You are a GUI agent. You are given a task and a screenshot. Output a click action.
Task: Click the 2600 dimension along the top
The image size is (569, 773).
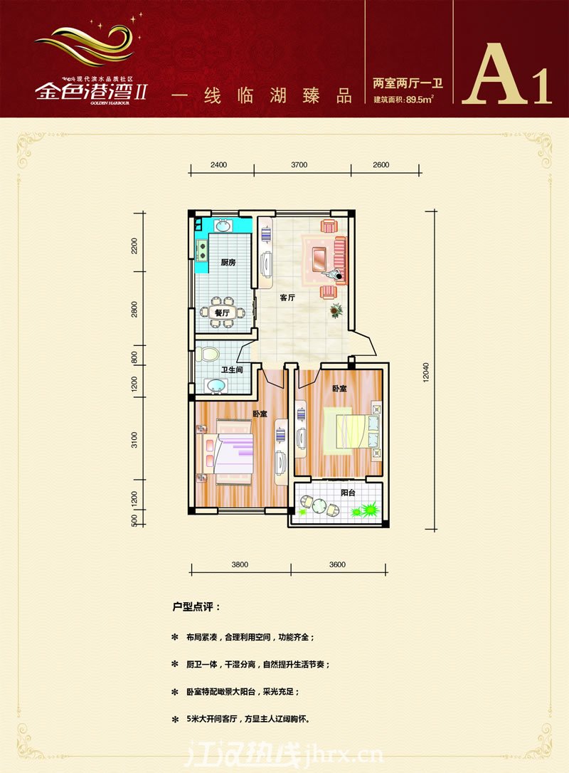pyautogui.click(x=380, y=164)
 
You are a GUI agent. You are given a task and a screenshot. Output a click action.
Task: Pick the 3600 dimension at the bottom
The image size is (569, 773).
pyautogui.click(x=337, y=564)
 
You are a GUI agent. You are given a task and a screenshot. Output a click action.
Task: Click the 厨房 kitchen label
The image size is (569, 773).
pyautogui.click(x=228, y=263)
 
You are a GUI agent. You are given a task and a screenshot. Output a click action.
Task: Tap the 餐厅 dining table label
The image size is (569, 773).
pyautogui.click(x=222, y=312)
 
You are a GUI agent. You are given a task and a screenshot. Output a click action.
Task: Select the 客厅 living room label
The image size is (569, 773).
pyautogui.click(x=287, y=298)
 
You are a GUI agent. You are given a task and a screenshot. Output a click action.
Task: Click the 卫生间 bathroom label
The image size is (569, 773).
pyautogui.click(x=232, y=369)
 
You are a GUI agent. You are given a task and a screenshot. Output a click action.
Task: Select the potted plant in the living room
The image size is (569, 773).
pyautogui.click(x=335, y=310)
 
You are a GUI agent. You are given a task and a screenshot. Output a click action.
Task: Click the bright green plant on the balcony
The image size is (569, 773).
pyautogui.click(x=368, y=510)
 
